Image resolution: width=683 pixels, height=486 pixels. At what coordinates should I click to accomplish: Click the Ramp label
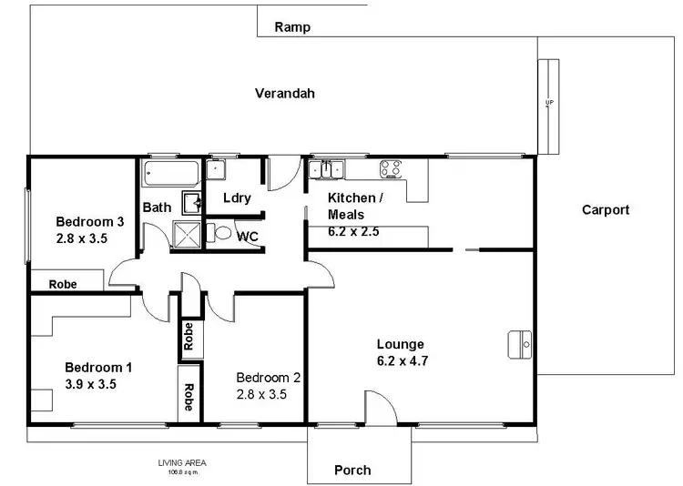[x=292, y=27]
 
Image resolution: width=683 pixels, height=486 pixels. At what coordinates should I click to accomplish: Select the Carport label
[x=606, y=209]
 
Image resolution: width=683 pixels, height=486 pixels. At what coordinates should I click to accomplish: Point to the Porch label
[x=352, y=470]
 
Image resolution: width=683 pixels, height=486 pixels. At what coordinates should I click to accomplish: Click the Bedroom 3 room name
[x=89, y=221]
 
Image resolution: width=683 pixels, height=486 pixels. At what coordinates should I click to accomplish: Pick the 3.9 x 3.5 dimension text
[x=90, y=383]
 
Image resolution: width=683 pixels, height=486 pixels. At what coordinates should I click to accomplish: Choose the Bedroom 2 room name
[x=268, y=377]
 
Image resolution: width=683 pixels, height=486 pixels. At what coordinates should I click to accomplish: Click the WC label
[x=248, y=237]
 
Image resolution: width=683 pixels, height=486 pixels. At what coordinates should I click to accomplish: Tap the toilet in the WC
[x=219, y=232]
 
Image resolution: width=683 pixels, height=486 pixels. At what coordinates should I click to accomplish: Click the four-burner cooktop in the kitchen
[x=392, y=167]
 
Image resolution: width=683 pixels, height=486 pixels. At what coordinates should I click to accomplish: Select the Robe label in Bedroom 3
[x=63, y=284]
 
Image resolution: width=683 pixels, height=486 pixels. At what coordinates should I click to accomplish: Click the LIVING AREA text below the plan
[x=178, y=465]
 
